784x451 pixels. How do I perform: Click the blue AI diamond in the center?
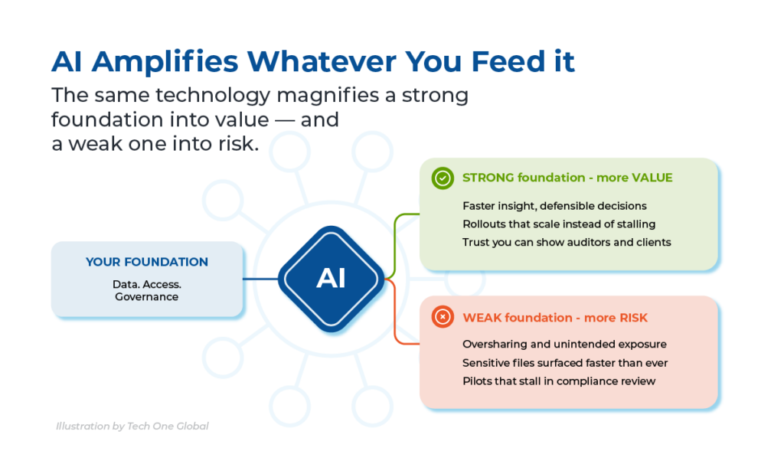click(331, 279)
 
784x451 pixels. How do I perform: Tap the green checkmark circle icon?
click(443, 178)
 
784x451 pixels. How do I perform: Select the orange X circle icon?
click(443, 317)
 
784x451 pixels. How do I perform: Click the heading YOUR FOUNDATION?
click(146, 262)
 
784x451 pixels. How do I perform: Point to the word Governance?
click(146, 297)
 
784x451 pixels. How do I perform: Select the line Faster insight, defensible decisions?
click(554, 206)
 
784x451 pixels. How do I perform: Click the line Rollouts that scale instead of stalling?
click(559, 224)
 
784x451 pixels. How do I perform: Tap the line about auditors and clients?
click(567, 243)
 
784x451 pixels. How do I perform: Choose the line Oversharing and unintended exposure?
click(564, 344)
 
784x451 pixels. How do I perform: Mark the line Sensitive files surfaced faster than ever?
click(565, 363)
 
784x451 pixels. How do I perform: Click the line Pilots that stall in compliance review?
click(559, 381)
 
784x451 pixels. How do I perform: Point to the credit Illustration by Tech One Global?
click(132, 426)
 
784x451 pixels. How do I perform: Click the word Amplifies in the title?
click(165, 62)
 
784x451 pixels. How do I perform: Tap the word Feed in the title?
click(508, 61)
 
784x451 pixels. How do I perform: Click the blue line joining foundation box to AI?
click(260, 279)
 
